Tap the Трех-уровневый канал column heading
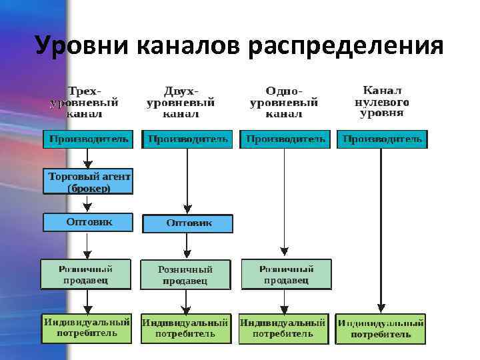coord(85,102)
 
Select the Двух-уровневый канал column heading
coord(181,102)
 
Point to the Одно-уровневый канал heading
coord(284,102)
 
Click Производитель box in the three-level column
coord(88,139)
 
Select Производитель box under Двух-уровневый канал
coord(187,139)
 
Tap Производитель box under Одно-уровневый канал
coord(285,139)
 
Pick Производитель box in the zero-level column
coord(382,139)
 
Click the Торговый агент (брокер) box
coord(88,181)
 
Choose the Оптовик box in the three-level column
coord(88,223)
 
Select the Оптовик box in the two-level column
coord(189,223)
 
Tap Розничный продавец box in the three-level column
coord(87,274)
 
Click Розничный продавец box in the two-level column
coord(185,275)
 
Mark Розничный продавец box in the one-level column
coord(286,274)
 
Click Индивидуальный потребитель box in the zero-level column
coord(381,329)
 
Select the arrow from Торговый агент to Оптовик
coord(87,204)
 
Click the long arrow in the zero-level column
coord(381,227)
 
